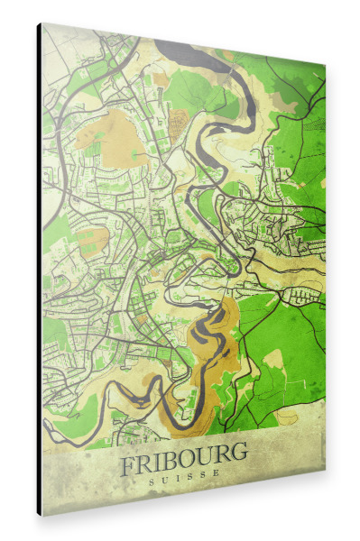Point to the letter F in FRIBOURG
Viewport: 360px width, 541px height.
coord(128,465)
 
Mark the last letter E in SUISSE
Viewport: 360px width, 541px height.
coord(217,481)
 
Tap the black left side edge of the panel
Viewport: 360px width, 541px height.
coord(39,270)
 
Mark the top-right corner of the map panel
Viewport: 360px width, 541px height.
coord(325,67)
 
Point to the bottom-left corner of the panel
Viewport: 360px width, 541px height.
coord(39,514)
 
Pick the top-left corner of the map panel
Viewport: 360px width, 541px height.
coord(41,23)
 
